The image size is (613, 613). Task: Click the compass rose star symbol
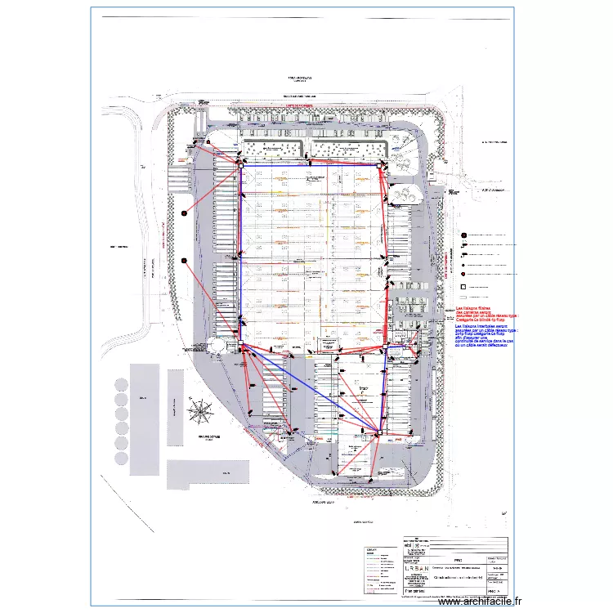199,409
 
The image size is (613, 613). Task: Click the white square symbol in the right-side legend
463,288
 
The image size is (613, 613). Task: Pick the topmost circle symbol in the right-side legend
463,235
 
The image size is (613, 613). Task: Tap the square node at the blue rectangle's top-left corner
241,167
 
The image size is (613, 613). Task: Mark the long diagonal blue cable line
311,389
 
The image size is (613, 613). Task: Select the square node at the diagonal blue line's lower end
378,431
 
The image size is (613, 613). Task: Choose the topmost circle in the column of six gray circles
123,384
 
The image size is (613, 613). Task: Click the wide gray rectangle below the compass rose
208,473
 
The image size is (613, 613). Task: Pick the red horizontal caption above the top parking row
294,106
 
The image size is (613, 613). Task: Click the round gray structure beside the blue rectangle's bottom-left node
217,347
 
